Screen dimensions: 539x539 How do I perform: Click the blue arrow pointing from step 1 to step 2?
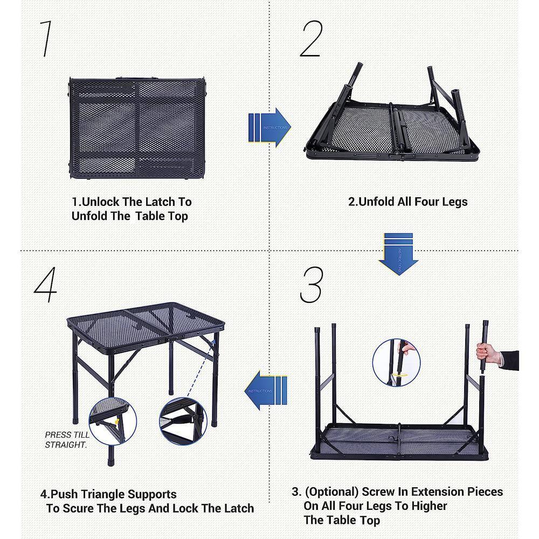coord(269,127)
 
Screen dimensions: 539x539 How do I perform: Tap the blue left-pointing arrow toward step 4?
coord(265,390)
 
